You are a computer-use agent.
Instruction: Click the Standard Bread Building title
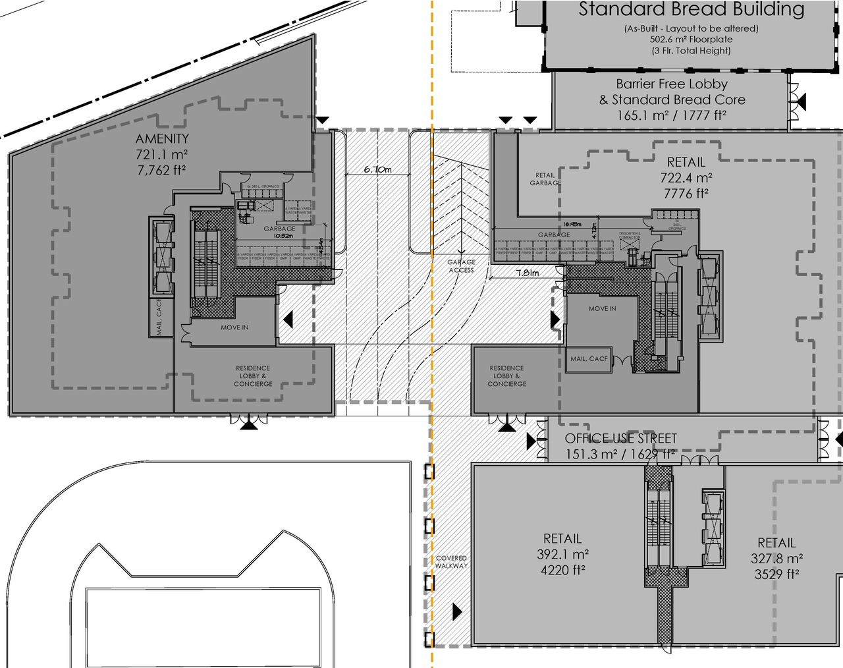(x=691, y=10)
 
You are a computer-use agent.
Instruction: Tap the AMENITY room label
(x=162, y=138)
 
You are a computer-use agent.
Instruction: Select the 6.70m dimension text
(x=377, y=169)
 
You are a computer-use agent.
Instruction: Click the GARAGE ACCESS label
(x=461, y=266)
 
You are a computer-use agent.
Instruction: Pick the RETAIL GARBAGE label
(x=545, y=179)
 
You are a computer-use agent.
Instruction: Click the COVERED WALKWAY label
(x=451, y=562)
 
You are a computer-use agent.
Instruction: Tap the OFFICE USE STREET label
(x=620, y=438)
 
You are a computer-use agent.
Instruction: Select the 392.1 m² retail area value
(x=562, y=554)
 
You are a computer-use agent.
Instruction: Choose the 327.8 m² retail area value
(x=776, y=559)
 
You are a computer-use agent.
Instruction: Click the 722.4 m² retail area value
(x=686, y=178)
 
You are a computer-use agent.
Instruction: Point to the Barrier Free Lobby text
(x=672, y=84)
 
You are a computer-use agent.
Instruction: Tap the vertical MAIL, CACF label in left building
(x=159, y=318)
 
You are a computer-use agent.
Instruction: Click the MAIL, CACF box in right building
(x=589, y=359)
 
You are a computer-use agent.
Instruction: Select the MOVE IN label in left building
(x=234, y=327)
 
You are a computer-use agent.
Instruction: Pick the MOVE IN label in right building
(x=602, y=308)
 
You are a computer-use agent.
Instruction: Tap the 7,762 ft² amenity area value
(x=162, y=170)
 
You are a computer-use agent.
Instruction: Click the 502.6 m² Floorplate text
(x=691, y=40)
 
